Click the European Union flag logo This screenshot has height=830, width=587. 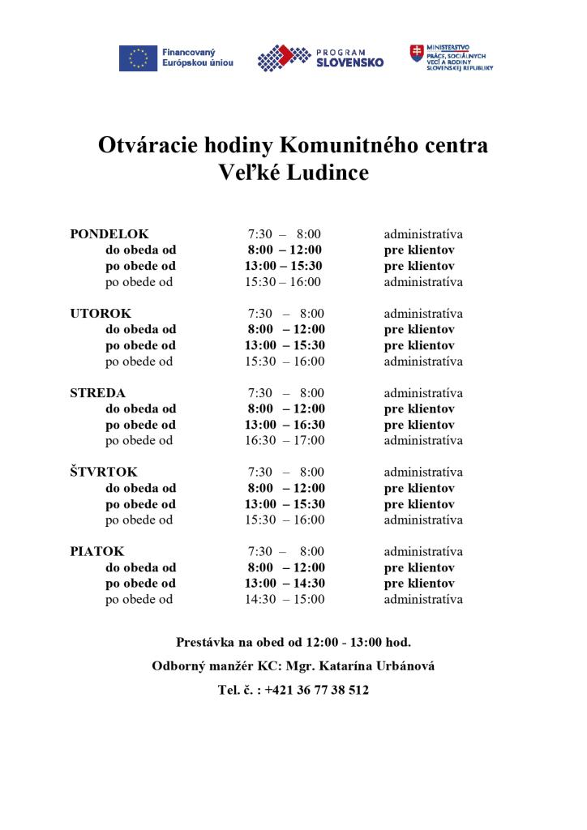click(138, 58)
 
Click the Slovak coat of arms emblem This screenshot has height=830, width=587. click(417, 55)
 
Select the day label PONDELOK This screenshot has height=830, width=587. click(109, 234)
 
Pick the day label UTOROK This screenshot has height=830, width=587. click(101, 314)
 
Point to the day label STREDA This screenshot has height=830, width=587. click(97, 393)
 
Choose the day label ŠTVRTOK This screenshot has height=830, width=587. click(104, 473)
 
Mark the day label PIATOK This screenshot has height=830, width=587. click(97, 552)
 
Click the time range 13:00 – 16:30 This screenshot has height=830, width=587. click(285, 425)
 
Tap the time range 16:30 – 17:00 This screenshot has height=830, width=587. click(285, 441)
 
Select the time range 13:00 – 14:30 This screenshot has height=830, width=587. click(285, 584)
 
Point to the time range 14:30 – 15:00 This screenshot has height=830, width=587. click(285, 600)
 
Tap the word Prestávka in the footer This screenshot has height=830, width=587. click(205, 642)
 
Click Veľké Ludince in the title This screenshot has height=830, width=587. click(293, 173)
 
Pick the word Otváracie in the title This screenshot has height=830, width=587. click(144, 146)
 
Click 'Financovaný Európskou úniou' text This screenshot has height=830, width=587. click(197, 58)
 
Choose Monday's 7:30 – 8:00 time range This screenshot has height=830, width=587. click(285, 234)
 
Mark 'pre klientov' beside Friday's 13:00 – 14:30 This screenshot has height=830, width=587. click(419, 584)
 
